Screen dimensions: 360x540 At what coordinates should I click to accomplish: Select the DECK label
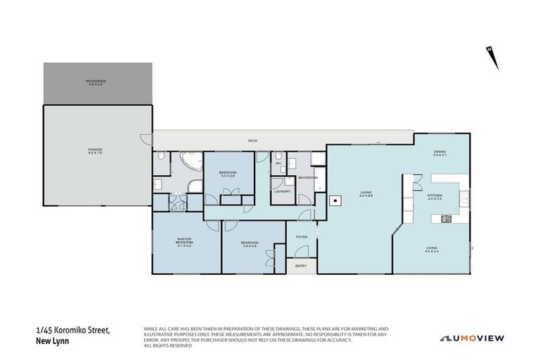point(252,141)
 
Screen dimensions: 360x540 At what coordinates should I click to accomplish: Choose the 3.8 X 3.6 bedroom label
point(250,244)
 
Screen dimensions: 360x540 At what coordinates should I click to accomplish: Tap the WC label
point(278,163)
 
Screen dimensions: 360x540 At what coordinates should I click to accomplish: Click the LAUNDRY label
point(283,191)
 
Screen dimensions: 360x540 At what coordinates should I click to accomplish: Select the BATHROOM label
point(308,178)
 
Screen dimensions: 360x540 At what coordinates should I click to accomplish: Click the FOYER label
point(302,237)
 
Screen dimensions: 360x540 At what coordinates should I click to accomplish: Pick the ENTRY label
point(301,266)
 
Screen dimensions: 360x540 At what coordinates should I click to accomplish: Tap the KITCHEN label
point(434,196)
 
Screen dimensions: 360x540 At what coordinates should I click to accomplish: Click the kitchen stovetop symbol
point(446,219)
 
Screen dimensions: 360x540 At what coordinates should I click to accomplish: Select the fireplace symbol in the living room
point(337,201)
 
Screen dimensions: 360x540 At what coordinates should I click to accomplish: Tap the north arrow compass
point(494,57)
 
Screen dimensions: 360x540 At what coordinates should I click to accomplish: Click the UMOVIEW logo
point(472,338)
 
